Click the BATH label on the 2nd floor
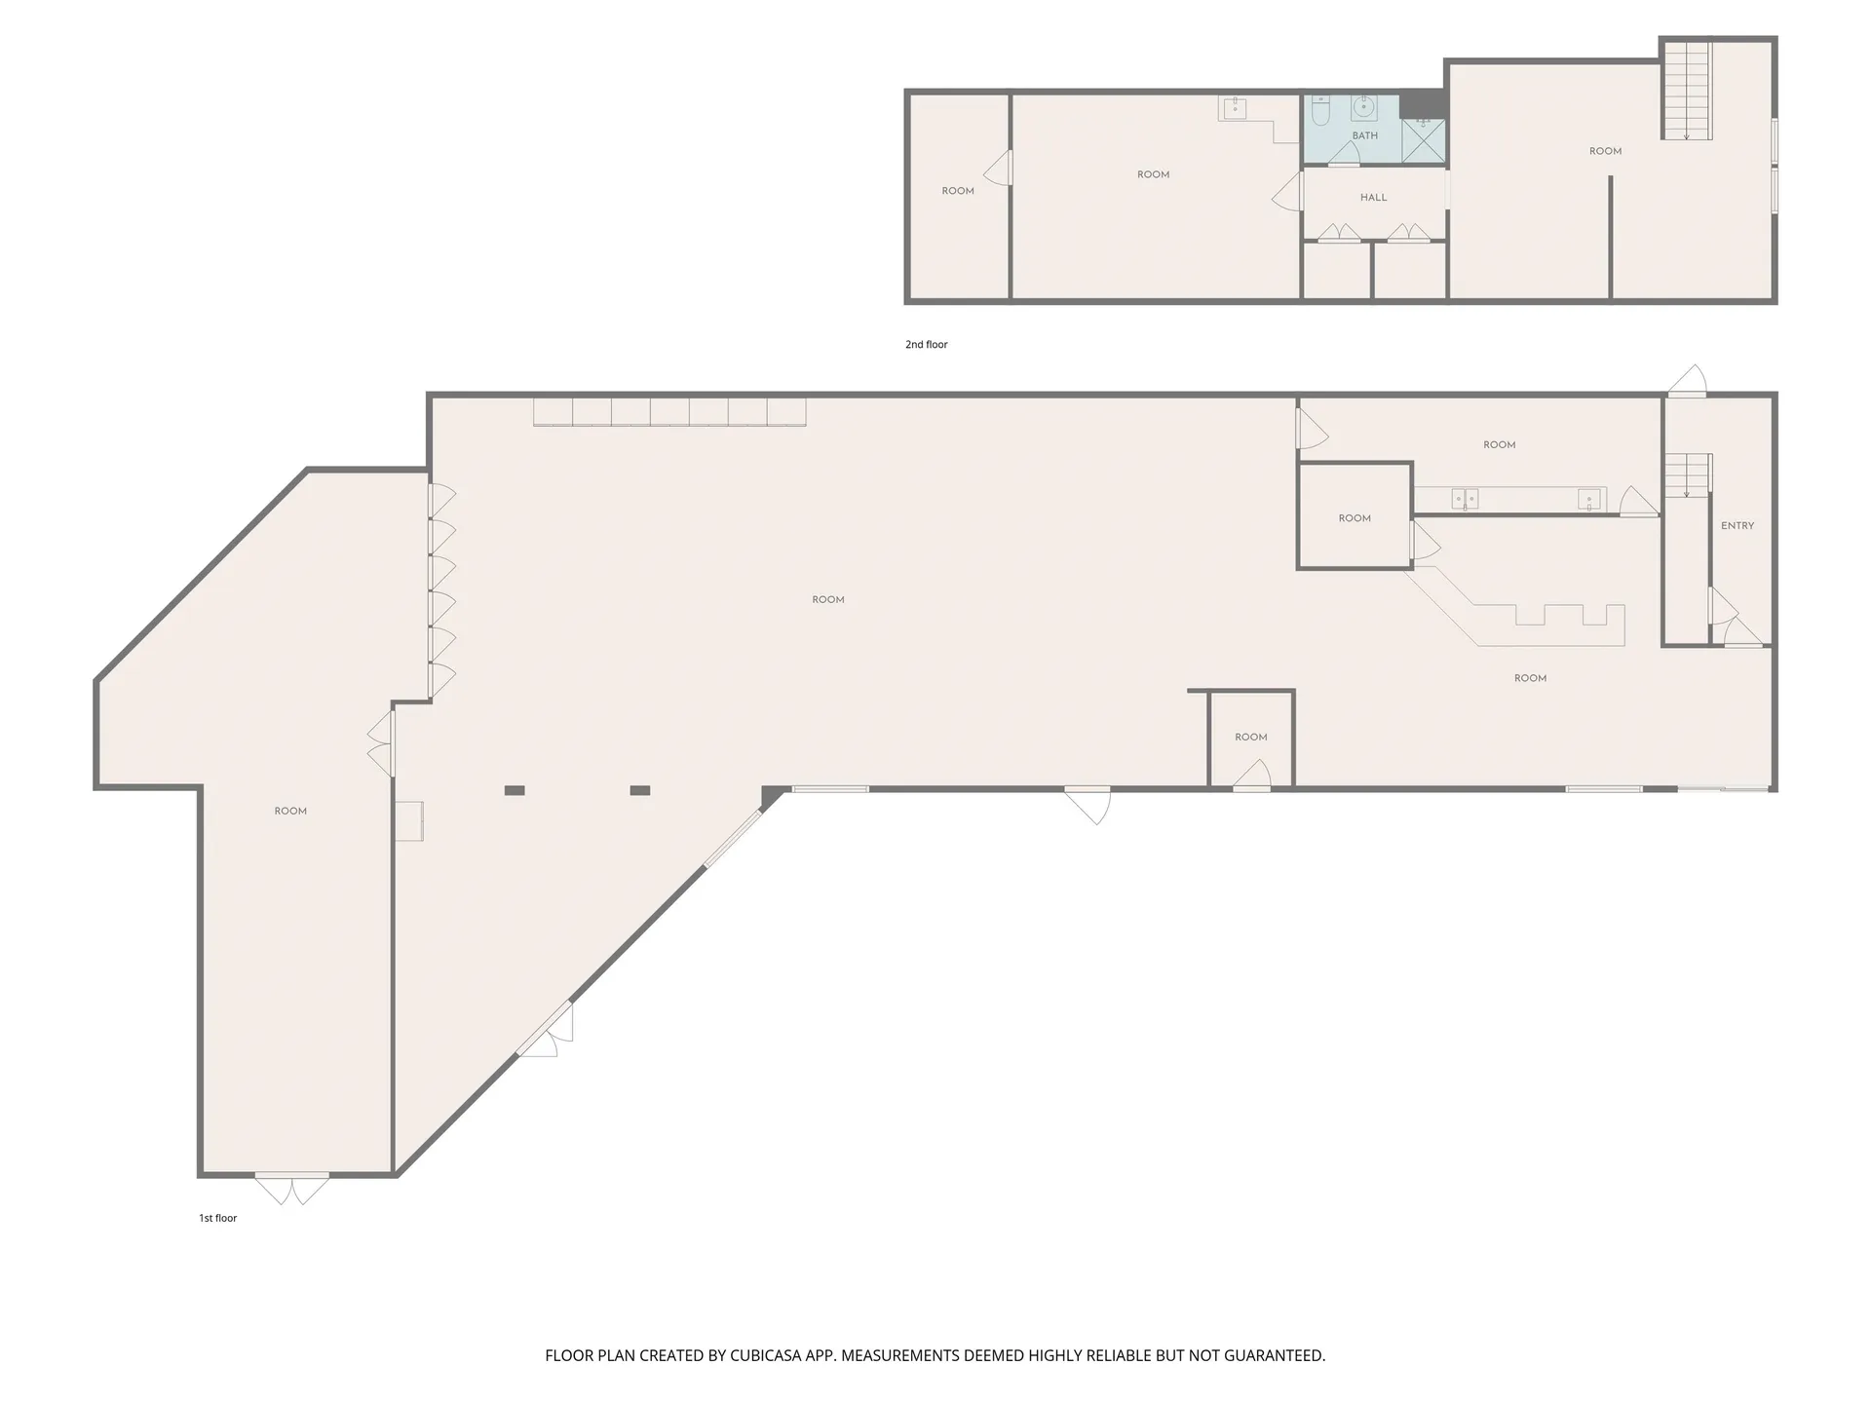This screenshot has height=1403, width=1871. pos(1364,135)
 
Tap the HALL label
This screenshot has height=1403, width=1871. pos(1373,197)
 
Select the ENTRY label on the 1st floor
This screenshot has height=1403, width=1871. pos(1737,525)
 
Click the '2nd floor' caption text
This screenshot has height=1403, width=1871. pos(926,344)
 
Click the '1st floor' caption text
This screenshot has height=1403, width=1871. pos(217,1218)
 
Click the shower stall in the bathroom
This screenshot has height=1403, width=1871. pos(1424,140)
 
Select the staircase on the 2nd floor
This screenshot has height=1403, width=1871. pos(1687,90)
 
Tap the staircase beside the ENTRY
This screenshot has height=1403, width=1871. pos(1688,475)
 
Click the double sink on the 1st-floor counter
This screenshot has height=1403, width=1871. pos(1465,499)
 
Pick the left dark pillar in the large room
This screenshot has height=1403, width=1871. pos(515,790)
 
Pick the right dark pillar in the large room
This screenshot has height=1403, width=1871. pos(639,790)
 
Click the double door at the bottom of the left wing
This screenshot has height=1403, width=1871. pos(291,1188)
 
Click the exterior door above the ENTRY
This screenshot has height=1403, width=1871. pos(1688,382)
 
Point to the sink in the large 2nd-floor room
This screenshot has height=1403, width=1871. pos(1234,108)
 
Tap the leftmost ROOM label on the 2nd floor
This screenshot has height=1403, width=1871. pos(958,191)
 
